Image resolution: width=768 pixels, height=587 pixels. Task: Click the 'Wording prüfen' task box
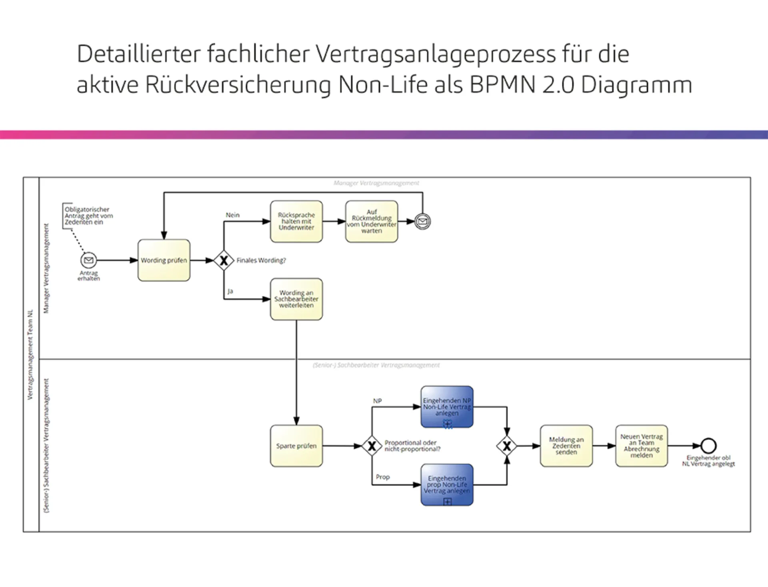point(164,260)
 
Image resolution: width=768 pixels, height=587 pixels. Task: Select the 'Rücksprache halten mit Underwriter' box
point(296,222)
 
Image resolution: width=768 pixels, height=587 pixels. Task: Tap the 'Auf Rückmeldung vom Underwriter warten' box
point(372,222)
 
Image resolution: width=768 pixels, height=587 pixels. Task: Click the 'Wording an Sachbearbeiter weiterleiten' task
point(296,299)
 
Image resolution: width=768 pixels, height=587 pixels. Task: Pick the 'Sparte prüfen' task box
point(296,446)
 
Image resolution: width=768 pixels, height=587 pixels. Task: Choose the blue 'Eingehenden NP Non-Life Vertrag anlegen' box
point(447,407)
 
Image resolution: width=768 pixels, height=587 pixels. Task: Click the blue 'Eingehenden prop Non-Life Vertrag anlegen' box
point(447,485)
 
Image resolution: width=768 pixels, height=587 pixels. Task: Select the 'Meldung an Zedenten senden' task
point(566,446)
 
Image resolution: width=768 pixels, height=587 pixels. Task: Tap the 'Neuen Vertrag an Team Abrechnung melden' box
point(642,446)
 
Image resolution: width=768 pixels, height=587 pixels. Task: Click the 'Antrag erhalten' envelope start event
point(88,260)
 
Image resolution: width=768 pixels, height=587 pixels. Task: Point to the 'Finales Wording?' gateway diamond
point(224,261)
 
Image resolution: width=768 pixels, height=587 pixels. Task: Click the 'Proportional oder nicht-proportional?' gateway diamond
point(372,446)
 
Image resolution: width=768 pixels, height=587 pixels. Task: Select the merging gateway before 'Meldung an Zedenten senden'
point(507,446)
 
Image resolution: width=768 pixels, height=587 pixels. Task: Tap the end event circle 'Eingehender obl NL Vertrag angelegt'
point(708,445)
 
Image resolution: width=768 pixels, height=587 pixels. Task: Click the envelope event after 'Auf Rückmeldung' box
point(422,221)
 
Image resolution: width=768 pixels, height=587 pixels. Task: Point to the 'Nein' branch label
point(232,215)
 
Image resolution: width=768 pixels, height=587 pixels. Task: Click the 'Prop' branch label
point(382,477)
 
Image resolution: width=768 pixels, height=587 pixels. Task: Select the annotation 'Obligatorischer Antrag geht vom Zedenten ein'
point(88,216)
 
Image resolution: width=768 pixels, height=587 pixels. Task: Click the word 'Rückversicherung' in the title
point(238,85)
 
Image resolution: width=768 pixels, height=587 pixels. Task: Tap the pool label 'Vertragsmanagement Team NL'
point(30,355)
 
